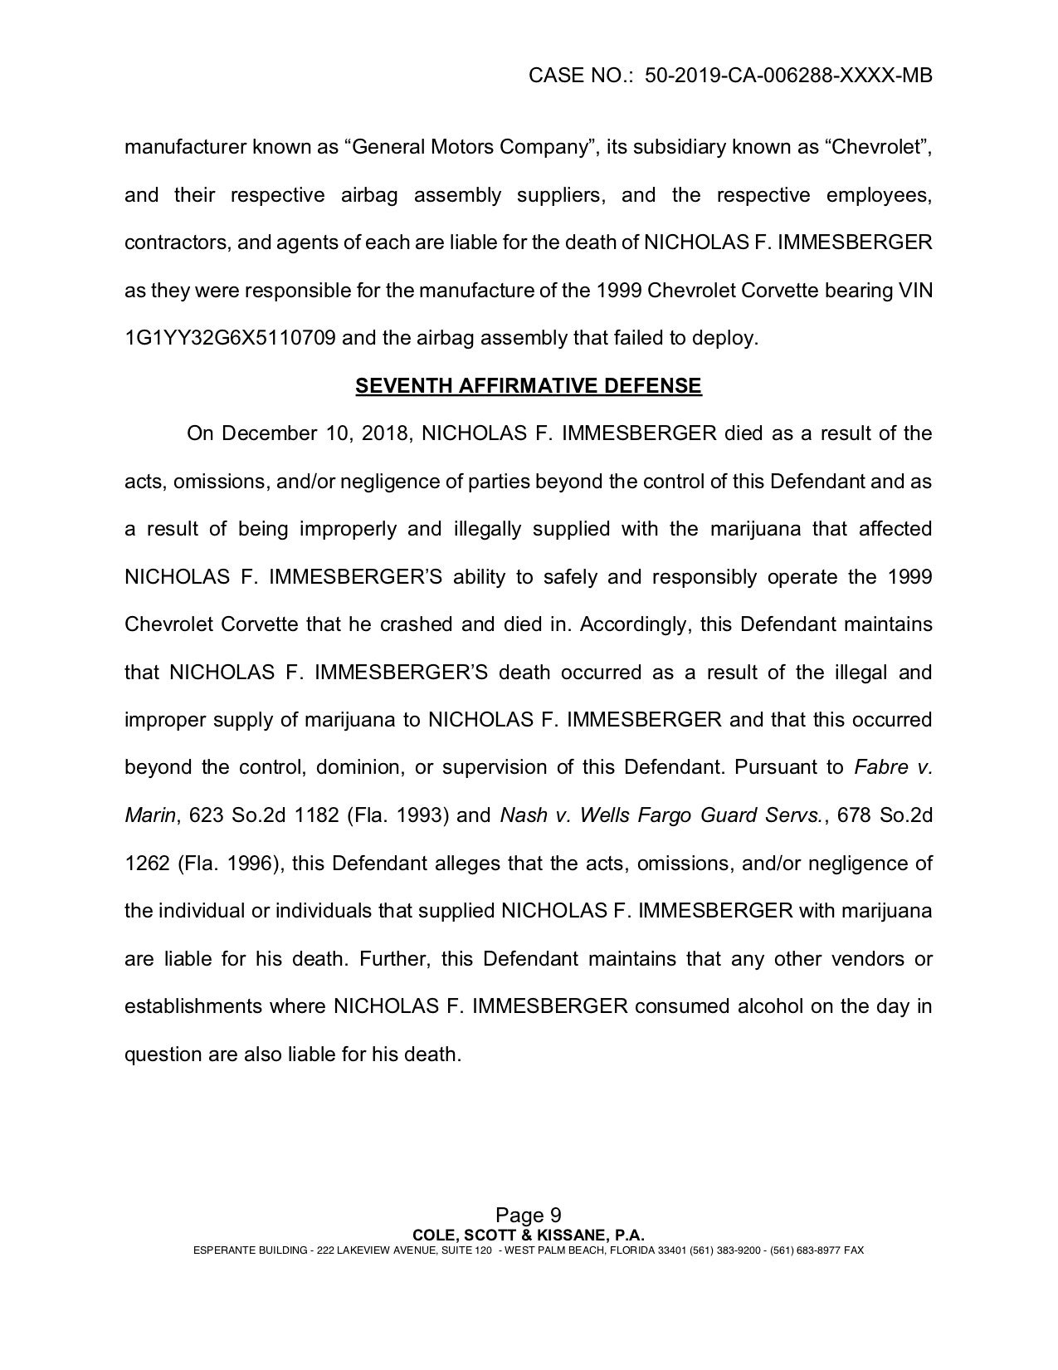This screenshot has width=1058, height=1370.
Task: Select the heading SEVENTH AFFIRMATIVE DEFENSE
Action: click(529, 386)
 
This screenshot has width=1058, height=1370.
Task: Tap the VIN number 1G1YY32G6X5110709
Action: click(230, 339)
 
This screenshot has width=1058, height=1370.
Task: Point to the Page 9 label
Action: click(529, 1216)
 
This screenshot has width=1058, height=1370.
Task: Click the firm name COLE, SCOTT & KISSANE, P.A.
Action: click(529, 1235)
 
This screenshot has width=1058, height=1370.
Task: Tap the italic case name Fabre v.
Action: click(893, 767)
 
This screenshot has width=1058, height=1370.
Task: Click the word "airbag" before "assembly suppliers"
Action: click(369, 196)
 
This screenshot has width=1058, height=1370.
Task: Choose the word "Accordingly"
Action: click(634, 624)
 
